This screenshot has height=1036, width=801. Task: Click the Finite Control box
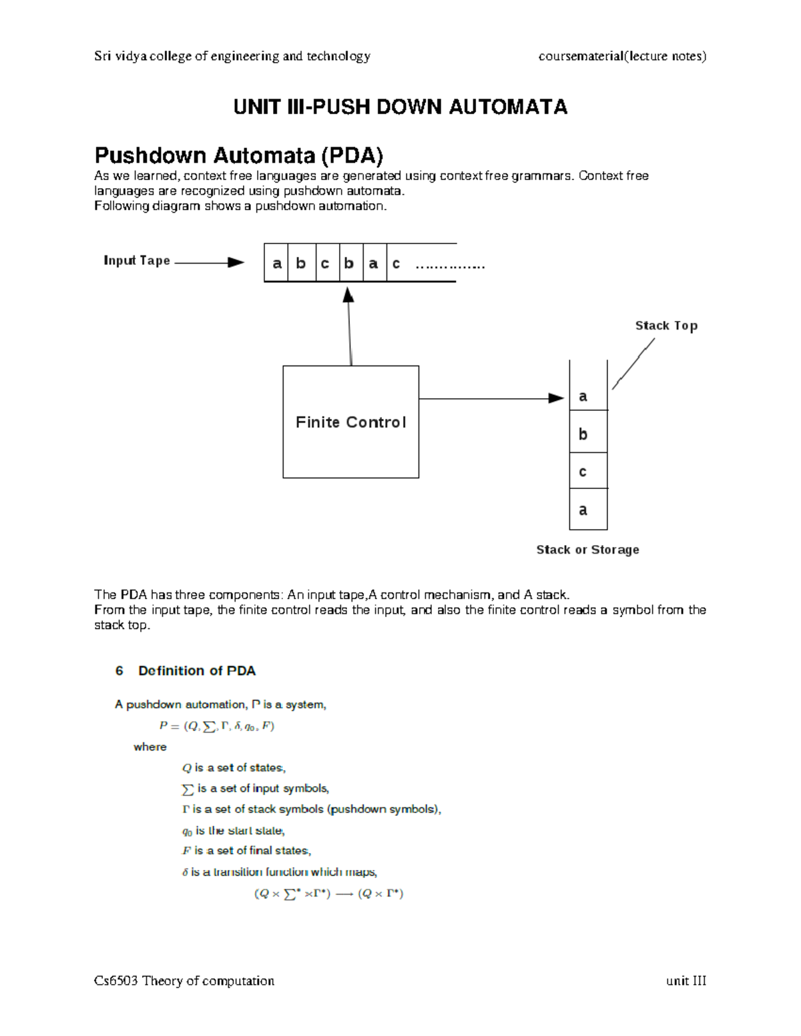pos(350,422)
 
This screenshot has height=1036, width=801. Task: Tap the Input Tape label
pos(137,261)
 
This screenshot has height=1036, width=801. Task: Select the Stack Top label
pos(666,326)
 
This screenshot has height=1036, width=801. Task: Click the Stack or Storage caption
pos(587,550)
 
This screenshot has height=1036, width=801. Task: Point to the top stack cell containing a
pos(587,396)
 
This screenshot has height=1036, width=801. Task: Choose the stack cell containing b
pos(587,434)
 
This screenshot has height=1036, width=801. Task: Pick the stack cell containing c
pos(587,472)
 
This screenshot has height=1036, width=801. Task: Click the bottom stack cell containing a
pos(587,510)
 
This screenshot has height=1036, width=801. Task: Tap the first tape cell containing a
pos(277,264)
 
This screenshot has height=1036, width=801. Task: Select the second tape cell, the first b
pos(301,264)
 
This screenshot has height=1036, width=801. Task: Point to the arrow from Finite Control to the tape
pos(349,326)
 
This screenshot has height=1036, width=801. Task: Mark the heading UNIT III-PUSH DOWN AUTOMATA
pos(400,107)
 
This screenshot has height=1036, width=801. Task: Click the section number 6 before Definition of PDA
pos(119,670)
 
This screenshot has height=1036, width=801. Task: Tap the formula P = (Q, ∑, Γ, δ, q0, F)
pos(217,726)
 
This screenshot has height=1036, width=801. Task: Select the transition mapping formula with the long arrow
pos(328,893)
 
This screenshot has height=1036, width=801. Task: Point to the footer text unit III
pos(686,981)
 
